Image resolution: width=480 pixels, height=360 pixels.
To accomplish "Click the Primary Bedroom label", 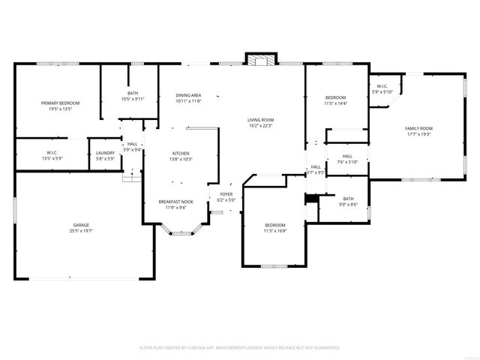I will click(x=60, y=103).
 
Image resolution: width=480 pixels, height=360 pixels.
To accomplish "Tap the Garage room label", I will click(x=81, y=225).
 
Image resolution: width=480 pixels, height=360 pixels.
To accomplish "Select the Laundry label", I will click(x=105, y=153).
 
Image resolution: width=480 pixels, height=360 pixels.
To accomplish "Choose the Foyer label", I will click(x=226, y=194).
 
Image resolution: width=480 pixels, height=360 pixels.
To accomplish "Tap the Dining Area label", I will click(x=188, y=95).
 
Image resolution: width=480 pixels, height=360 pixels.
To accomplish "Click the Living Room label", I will click(x=261, y=120).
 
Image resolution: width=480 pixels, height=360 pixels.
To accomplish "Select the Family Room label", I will click(x=420, y=128).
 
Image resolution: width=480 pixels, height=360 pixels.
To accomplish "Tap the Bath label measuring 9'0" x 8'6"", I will click(x=348, y=199).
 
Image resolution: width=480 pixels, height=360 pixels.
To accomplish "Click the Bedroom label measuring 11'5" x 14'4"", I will click(x=335, y=98).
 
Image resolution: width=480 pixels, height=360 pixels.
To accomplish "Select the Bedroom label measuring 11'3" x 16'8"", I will click(x=274, y=225).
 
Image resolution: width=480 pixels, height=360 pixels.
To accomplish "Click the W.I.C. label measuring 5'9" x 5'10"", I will click(x=382, y=87).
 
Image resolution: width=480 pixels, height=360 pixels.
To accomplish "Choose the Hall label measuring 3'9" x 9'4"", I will click(x=133, y=144).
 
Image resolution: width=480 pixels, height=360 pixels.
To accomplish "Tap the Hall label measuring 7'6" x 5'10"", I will click(x=347, y=156).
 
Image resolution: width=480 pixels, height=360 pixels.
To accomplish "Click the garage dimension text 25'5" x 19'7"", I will click(x=81, y=231).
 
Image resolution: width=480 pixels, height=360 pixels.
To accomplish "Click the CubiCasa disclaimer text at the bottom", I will click(x=240, y=348).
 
